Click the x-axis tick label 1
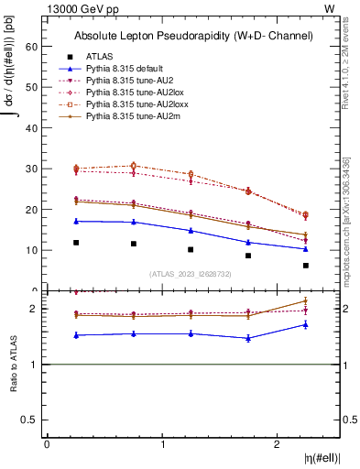coord(163,444)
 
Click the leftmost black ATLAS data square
coord(76,243)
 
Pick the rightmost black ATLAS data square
coord(306,266)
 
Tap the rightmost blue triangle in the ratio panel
coord(306,324)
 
